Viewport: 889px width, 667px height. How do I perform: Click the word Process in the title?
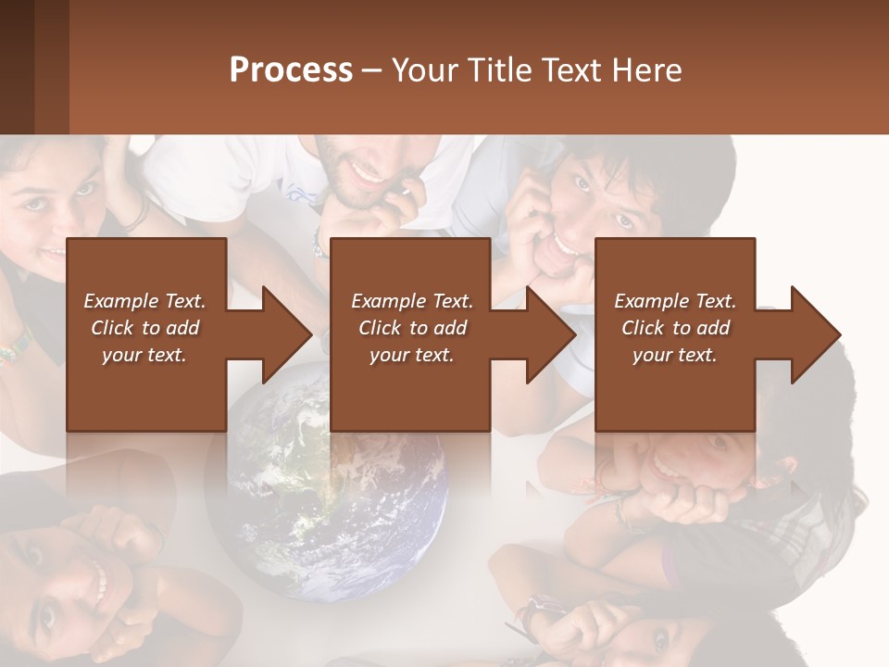(x=291, y=70)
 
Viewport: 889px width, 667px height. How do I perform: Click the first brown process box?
(x=146, y=334)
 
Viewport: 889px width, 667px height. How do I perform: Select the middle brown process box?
(x=410, y=334)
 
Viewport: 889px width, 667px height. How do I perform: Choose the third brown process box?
(x=674, y=334)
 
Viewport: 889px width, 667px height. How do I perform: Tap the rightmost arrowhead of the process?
(x=813, y=334)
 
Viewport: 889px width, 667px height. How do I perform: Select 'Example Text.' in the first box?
(x=144, y=301)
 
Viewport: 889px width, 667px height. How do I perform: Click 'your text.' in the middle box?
(x=411, y=355)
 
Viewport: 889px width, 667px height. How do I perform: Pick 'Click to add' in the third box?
(x=675, y=328)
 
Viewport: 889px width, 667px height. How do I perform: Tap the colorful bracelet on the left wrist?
(x=16, y=348)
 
